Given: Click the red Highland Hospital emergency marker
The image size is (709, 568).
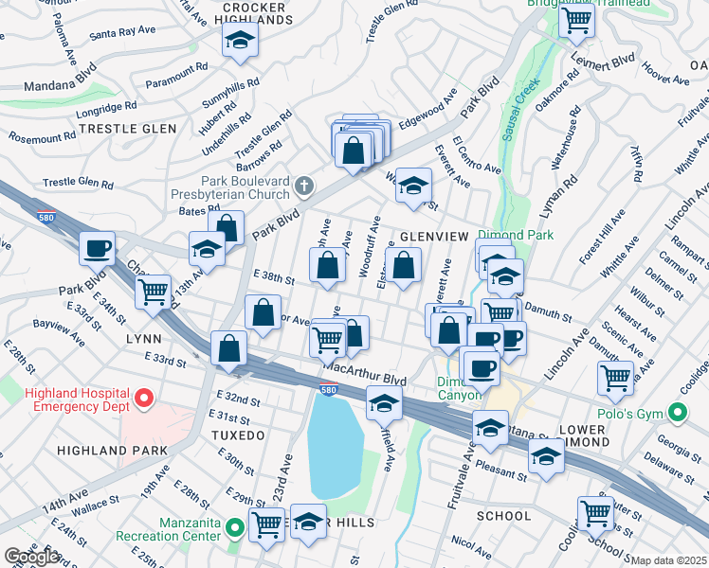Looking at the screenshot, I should tap(144, 399).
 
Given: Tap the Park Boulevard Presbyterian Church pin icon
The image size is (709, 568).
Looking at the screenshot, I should tap(303, 184).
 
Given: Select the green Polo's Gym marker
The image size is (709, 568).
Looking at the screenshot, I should tap(676, 414).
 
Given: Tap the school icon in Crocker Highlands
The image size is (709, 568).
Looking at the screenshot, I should tap(240, 41).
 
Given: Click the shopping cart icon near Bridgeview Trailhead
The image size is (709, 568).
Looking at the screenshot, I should tap(576, 19).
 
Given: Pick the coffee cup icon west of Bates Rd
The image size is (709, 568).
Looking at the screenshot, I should tap(97, 248).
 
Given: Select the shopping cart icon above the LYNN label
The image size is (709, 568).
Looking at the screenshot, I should tap(153, 292).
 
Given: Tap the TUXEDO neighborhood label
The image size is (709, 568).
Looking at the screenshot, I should tap(239, 435).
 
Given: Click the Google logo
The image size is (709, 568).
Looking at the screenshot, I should tap(31, 557).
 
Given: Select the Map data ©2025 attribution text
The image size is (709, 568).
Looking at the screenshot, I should tap(669, 560).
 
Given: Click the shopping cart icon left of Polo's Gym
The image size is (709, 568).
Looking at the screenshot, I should tap(615, 378).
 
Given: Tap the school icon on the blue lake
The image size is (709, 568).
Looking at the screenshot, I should tap(383, 403).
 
